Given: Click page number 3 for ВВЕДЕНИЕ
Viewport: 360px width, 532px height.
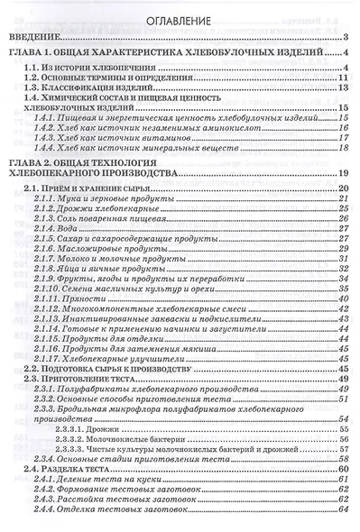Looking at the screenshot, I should coord(346,37).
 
